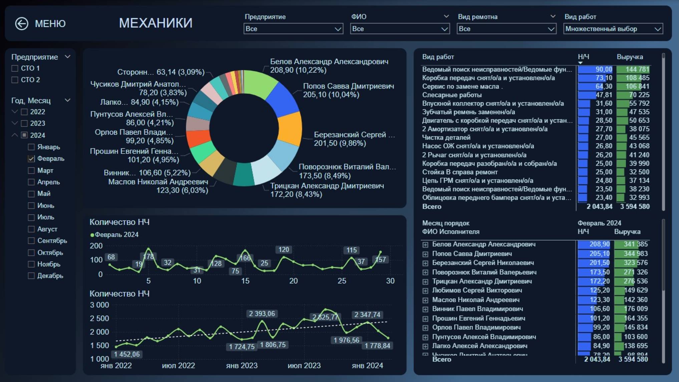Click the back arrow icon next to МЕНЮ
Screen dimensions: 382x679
pos(22,24)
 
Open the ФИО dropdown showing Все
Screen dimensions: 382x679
pos(400,29)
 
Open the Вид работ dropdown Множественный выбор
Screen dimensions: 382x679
pos(613,29)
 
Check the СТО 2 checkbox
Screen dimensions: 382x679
pos(15,80)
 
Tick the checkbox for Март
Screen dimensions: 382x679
pos(31,171)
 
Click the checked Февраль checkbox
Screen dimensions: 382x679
pos(31,159)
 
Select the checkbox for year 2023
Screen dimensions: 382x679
pos(24,123)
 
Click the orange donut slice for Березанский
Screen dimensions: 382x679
pos(290,129)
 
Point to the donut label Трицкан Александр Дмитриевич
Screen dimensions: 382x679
pos(327,186)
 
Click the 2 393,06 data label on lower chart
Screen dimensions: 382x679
pos(262,314)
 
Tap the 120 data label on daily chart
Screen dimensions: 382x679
pos(284,249)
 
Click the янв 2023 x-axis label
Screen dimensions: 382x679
pos(242,366)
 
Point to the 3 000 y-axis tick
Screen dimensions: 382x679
pos(99,305)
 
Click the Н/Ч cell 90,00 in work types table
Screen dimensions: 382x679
pos(604,69)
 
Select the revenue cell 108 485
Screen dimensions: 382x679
pos(637,78)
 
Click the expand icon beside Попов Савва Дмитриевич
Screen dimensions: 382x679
pos(425,254)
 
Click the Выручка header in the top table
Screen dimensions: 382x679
pos(629,57)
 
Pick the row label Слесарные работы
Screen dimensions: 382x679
pos(452,95)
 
